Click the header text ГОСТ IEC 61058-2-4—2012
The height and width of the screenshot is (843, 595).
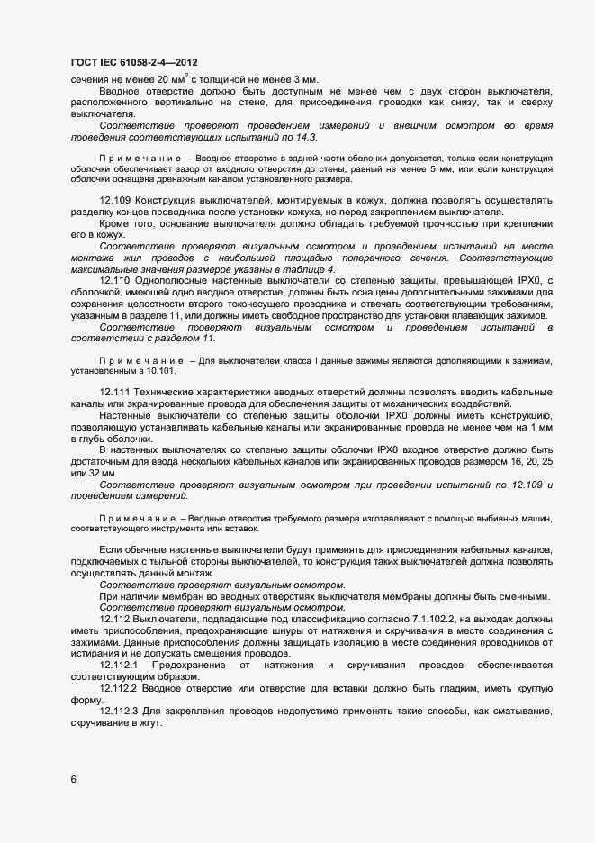[x=134, y=62]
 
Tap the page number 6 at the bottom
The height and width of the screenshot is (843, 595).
[x=74, y=780]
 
